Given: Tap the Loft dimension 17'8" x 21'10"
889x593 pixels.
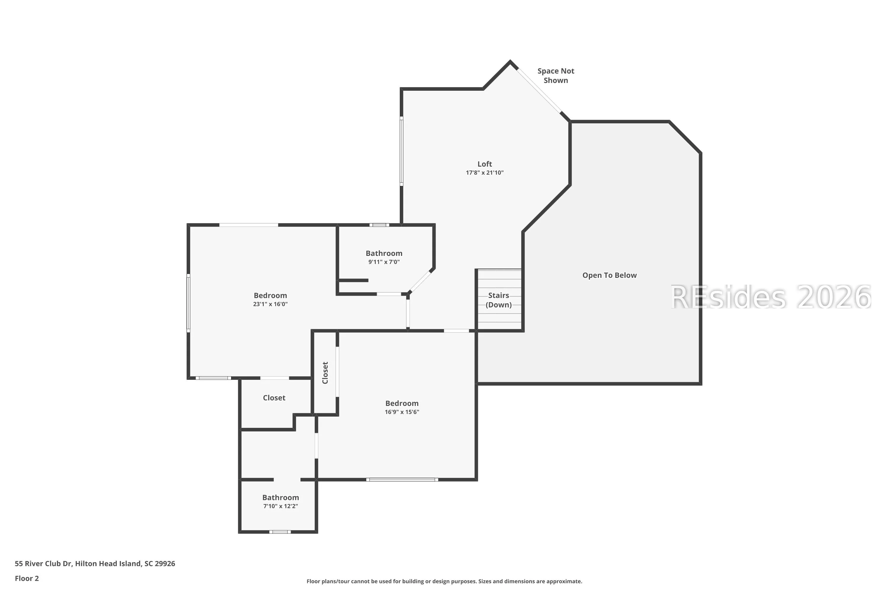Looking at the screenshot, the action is (485, 173).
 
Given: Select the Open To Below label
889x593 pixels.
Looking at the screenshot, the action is (609, 275).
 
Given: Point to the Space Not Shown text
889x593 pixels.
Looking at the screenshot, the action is (556, 76).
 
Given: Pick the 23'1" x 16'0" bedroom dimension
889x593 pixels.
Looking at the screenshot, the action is (270, 304).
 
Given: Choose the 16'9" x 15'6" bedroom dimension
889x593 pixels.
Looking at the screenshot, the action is (402, 412).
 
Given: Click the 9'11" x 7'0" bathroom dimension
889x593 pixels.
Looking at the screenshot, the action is (384, 262).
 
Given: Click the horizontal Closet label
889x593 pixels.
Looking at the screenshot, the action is (274, 398).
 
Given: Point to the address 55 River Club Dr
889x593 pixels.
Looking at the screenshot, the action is (43, 564).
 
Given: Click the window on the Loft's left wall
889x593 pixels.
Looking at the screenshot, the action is (402, 151).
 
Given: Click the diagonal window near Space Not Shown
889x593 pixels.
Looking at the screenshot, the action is (539, 90).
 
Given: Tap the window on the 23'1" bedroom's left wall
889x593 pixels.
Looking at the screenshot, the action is (188, 303).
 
